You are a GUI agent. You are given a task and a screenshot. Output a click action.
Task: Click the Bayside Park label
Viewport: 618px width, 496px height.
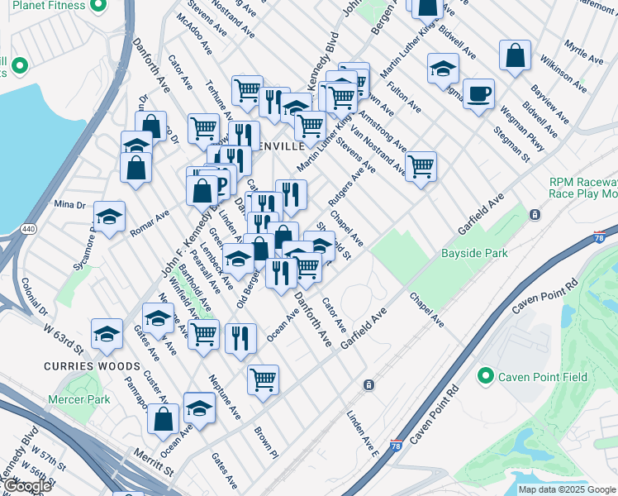474,254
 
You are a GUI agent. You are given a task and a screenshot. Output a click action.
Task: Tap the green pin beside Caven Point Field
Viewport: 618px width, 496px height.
485,377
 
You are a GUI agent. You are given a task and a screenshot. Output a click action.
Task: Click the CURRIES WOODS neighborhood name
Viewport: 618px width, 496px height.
92,365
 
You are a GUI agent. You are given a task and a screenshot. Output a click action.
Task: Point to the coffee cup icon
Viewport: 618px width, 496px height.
478,93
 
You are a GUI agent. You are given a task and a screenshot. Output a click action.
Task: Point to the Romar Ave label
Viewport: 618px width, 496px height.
150,223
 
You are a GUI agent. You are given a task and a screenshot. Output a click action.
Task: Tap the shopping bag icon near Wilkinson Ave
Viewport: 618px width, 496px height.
515,56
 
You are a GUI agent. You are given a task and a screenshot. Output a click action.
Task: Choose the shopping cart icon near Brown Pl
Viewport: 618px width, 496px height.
263,379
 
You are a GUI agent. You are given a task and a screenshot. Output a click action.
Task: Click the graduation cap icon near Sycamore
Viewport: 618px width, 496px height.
109,217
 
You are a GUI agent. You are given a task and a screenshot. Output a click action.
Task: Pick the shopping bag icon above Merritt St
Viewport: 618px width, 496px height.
163,418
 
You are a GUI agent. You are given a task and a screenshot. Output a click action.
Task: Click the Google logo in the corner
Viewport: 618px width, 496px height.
27,485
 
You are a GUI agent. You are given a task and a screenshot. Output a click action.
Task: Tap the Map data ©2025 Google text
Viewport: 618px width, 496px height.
567,489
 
